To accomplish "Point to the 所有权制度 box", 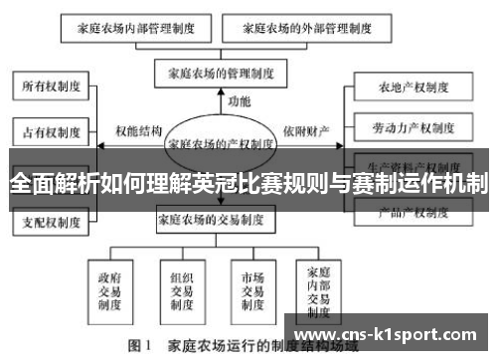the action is coord(51,88).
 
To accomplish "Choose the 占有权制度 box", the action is coord(51,129).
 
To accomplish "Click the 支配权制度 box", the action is coord(51,221).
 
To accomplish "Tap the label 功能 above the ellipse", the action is coord(239,101).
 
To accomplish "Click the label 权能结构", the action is coord(138,130).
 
